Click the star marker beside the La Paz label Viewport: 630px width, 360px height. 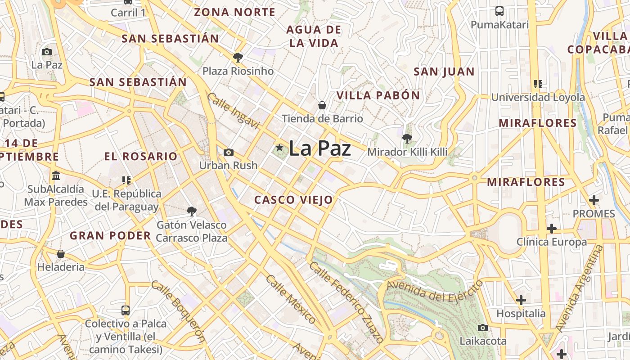tap(279, 148)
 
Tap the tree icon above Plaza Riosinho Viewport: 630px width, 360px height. tap(238, 57)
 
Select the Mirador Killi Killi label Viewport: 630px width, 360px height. tap(407, 152)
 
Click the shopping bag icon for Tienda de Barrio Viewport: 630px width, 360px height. tap(322, 106)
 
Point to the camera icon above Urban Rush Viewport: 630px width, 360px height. tap(229, 152)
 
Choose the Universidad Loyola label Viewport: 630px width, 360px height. tap(538, 97)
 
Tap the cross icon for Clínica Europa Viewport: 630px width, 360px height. tap(552, 229)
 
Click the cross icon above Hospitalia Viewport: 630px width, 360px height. tap(521, 300)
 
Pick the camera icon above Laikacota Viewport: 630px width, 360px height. tap(483, 328)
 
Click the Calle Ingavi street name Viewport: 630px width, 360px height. tap(233, 111)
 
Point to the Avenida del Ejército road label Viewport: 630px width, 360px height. tap(435, 292)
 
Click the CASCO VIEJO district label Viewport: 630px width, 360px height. tap(293, 200)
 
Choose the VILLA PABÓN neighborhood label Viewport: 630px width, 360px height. tap(378, 95)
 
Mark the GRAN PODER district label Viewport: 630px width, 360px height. tap(110, 235)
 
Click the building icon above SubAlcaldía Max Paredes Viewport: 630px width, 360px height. tap(56, 175)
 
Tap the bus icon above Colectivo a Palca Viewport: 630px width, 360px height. tap(126, 310)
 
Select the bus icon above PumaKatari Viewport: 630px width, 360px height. tap(499, 11)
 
